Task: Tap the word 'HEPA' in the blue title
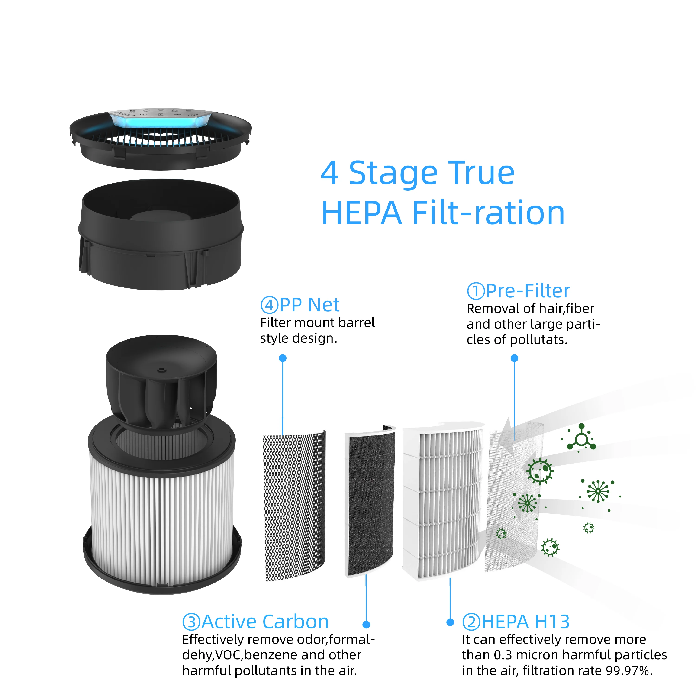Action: [361, 213]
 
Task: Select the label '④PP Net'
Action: [300, 305]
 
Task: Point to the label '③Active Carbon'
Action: [255, 622]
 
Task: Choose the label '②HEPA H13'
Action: [516, 622]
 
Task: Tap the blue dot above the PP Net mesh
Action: [283, 358]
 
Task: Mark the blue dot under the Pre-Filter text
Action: [514, 358]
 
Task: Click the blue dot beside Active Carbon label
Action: [366, 624]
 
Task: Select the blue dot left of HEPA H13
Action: [450, 622]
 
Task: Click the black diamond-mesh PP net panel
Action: [294, 504]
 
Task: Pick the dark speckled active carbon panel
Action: [370, 501]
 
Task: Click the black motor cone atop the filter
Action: [161, 382]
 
